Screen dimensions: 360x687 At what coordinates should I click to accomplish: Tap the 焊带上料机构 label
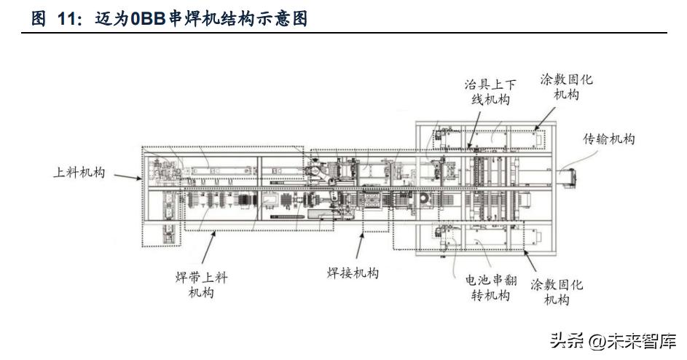tap(202, 285)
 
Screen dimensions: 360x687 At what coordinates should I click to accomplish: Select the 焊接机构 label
tap(353, 273)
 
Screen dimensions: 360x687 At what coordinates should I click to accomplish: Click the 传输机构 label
tap(609, 138)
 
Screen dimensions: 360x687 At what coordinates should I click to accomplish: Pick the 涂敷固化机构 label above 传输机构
tap(566, 86)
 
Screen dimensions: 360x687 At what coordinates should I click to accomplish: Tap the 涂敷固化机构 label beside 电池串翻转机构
tap(557, 291)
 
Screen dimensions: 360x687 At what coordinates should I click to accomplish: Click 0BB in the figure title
tap(148, 20)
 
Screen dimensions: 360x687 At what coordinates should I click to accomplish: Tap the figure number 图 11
tap(58, 20)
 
